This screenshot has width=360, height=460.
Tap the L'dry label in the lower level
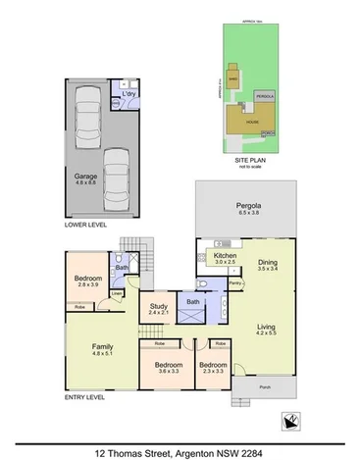129,94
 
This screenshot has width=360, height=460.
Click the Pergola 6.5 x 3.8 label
244,207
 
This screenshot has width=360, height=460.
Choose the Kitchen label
225,258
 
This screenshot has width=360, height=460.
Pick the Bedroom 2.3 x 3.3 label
213,368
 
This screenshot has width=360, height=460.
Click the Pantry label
235,282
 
